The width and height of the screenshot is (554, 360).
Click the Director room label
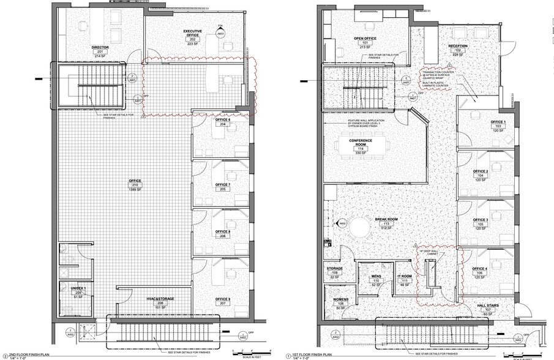[100, 47]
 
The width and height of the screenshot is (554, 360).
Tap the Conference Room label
[361, 142]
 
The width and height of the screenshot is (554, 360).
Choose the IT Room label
[403, 277]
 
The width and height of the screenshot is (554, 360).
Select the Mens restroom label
[376, 277]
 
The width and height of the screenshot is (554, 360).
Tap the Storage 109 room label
[334, 268]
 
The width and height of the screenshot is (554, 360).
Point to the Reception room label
[458, 46]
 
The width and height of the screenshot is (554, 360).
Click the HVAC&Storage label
[160, 299]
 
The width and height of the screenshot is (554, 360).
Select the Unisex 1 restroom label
[77, 288]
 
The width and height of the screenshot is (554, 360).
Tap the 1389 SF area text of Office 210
[135, 190]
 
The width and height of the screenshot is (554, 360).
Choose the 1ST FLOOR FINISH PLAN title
[314, 354]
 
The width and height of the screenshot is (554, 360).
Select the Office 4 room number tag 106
[481, 274]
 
